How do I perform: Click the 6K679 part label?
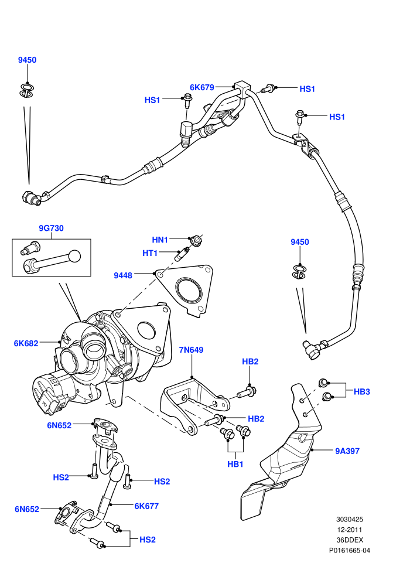[x=202, y=87]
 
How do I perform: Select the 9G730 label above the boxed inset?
[x=52, y=228]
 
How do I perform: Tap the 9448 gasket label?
[x=123, y=275]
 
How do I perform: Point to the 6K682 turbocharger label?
[x=26, y=343]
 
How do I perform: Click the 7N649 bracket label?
[x=191, y=350]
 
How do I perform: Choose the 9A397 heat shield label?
[x=347, y=451]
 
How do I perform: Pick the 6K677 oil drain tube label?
[x=146, y=506]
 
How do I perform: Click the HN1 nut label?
[x=160, y=240]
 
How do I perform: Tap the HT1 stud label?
[x=150, y=253]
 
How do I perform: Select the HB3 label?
[x=361, y=392]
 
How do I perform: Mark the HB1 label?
[x=235, y=464]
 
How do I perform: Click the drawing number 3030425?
[x=349, y=520]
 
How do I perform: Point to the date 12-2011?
[x=349, y=530]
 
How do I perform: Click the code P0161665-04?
[x=349, y=550]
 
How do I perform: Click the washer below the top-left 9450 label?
[x=27, y=91]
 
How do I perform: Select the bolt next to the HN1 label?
[x=196, y=240]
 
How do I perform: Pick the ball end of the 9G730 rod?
[x=75, y=256]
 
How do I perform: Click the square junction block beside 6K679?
[x=242, y=89]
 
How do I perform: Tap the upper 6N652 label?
[x=59, y=425]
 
